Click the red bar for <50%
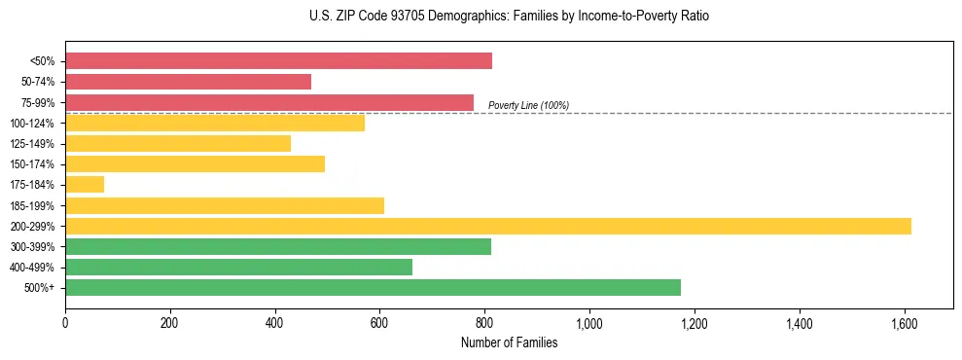278,61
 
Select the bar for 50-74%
188,82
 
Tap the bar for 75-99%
269,102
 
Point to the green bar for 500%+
373,287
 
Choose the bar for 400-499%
238,267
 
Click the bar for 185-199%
225,205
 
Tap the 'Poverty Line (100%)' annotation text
528,105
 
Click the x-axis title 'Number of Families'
509,342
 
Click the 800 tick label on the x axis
484,323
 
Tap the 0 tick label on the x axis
65,323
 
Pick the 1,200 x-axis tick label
695,323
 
